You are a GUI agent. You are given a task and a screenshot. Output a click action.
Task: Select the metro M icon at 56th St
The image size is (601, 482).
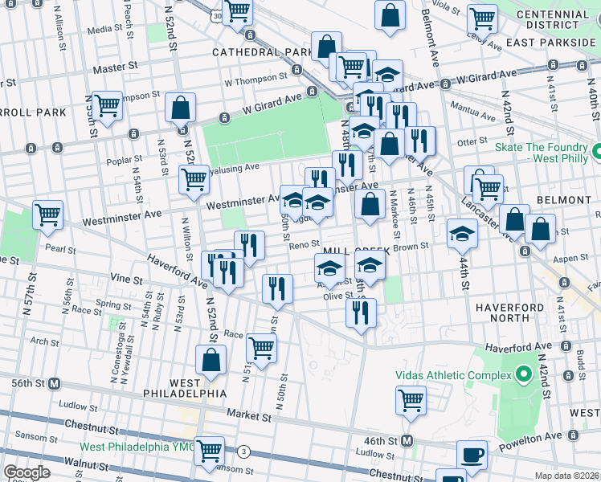tap(54, 384)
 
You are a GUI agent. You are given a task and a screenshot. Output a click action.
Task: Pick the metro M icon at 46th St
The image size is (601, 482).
tap(407, 440)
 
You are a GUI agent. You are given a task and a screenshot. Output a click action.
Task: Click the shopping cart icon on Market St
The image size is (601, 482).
tap(411, 399)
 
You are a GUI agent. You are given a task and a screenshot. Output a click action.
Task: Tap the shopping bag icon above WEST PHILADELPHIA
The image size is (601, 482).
tap(211, 361)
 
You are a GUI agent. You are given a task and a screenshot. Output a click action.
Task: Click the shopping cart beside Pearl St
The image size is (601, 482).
tap(47, 215)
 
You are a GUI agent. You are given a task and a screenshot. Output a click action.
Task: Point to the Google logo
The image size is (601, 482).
tap(27, 472)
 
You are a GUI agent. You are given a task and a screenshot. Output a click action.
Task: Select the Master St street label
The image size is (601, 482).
tap(112, 69)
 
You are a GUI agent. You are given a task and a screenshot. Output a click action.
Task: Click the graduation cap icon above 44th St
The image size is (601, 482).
tap(462, 233)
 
